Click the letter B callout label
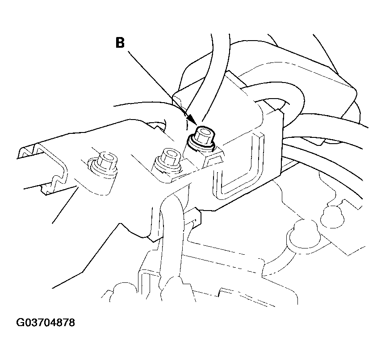click(120, 43)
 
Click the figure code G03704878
click(46, 323)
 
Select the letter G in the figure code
click(20, 323)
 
